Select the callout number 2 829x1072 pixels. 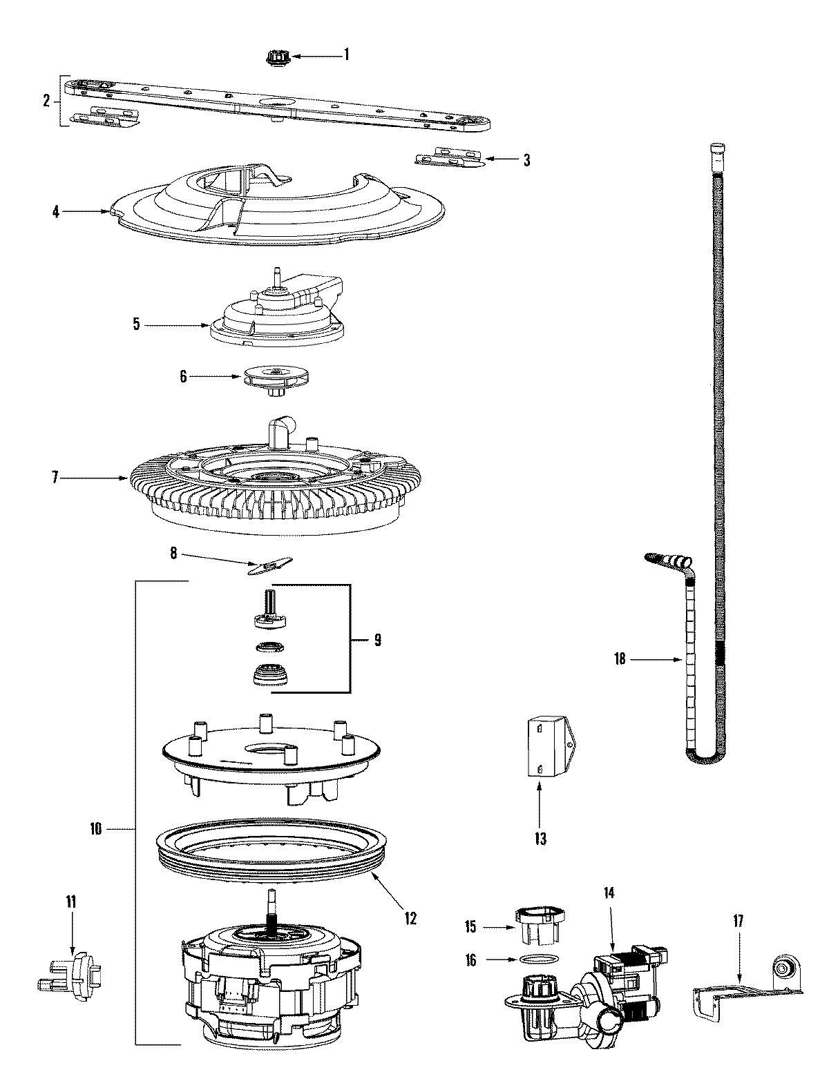[46, 101]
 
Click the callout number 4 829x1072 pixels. [57, 212]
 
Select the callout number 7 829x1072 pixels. [56, 476]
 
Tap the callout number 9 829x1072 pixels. [377, 640]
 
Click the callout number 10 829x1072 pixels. [95, 828]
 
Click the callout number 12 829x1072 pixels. [411, 918]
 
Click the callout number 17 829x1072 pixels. [738, 919]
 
